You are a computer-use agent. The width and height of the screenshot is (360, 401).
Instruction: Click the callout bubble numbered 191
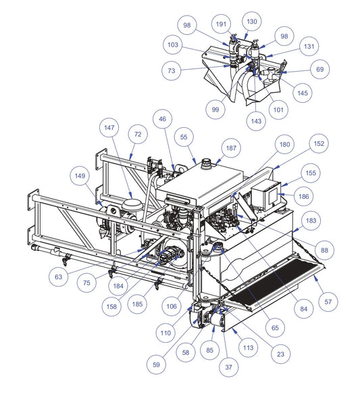point(222,24)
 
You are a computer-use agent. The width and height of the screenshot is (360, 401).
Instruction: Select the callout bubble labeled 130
point(252,22)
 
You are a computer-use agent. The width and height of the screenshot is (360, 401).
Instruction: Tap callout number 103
point(173,45)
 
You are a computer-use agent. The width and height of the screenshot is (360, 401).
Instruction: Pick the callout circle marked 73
point(172,70)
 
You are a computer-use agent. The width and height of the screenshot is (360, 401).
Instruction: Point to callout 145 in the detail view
point(303,93)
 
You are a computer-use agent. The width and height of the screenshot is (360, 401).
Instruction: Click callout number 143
point(256,121)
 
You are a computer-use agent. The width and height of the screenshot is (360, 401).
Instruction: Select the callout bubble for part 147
point(109,128)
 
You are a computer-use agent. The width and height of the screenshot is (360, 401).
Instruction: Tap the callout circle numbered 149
point(80,176)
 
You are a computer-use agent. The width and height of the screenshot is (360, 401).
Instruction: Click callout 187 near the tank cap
point(231,148)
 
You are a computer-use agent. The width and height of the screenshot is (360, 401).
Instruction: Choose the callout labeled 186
point(303,196)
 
